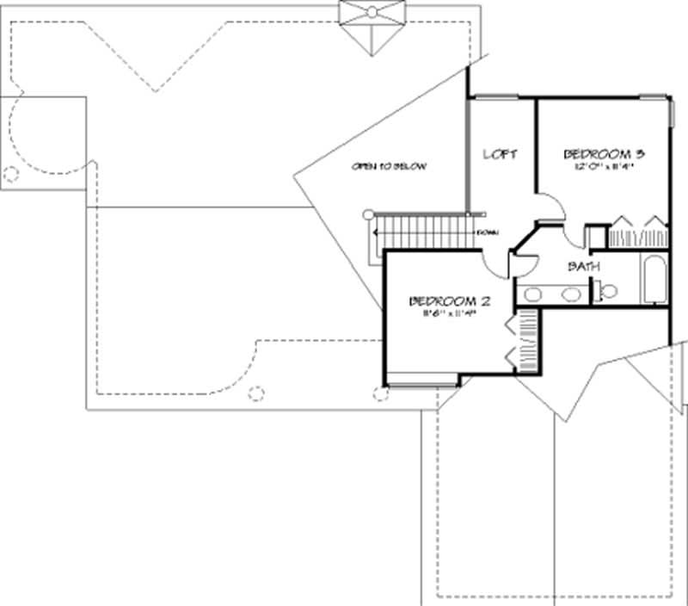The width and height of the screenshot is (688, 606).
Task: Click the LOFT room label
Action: coord(501,154)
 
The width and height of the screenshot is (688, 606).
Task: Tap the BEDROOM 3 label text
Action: coord(604,154)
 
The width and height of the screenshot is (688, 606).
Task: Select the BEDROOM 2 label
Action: coord(450,301)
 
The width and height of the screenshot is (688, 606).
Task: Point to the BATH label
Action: coord(583,267)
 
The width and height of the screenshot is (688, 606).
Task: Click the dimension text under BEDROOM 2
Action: coord(449,314)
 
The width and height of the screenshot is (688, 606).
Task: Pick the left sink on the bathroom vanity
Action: coord(534,294)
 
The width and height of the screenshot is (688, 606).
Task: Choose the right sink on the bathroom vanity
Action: coord(570,294)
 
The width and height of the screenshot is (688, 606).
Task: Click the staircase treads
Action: coord(421,232)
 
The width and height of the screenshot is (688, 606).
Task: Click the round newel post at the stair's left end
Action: coord(368,213)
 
